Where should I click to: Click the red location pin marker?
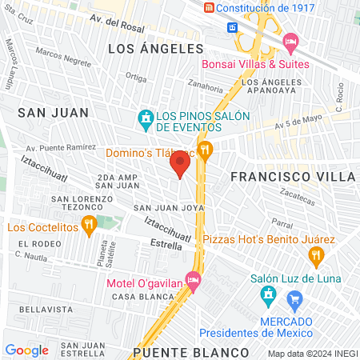point(180,165)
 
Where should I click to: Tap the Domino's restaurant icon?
point(206,149)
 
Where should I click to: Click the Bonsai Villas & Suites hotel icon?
point(290,40)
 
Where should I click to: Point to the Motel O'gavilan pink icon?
point(192,279)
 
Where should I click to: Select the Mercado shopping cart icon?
point(294,301)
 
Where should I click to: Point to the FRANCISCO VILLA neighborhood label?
point(292,175)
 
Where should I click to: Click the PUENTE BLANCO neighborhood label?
point(179,352)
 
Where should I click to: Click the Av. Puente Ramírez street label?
point(56,148)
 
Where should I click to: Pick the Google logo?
point(26,350)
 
